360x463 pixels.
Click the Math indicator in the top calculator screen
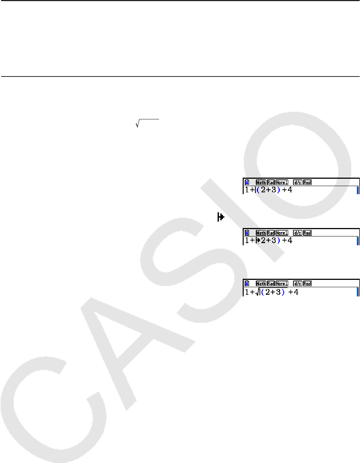point(261,182)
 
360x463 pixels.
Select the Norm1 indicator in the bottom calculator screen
point(282,284)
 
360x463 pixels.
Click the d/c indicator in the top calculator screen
point(297,182)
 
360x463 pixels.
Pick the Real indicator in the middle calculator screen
point(307,233)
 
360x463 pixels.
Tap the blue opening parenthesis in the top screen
point(258,190)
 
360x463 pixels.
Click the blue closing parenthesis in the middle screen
point(279,241)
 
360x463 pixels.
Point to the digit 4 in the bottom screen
point(296,292)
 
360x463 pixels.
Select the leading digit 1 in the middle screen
point(247,241)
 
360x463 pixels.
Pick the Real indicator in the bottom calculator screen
point(307,284)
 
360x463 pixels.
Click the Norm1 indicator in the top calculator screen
point(282,182)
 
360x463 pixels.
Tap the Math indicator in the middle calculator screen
point(261,233)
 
